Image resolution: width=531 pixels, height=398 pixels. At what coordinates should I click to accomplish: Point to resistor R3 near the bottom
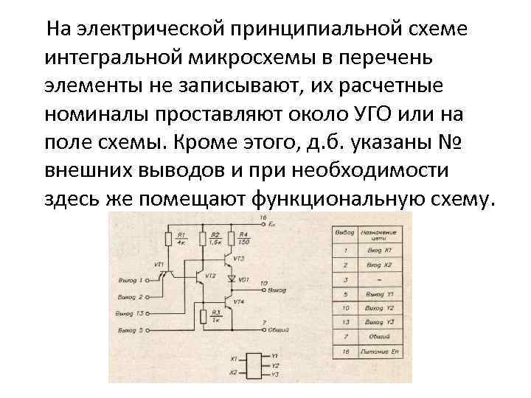pos(204,317)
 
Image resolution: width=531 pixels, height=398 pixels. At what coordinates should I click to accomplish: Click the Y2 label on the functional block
pos(275,366)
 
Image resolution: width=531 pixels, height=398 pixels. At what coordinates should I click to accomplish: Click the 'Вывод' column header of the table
pos(344,233)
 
